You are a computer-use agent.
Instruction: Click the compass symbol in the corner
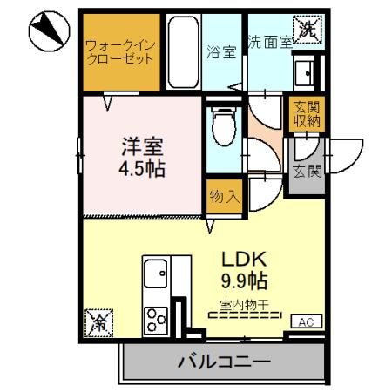tap(48, 31)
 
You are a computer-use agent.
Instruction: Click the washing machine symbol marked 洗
tap(309, 28)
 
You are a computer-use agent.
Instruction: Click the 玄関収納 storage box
tap(305, 115)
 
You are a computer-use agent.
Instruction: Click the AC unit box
tap(305, 322)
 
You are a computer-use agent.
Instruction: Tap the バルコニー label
tap(225, 361)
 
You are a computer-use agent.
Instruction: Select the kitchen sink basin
tap(158, 278)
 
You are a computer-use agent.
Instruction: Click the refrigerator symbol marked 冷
tap(100, 324)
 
